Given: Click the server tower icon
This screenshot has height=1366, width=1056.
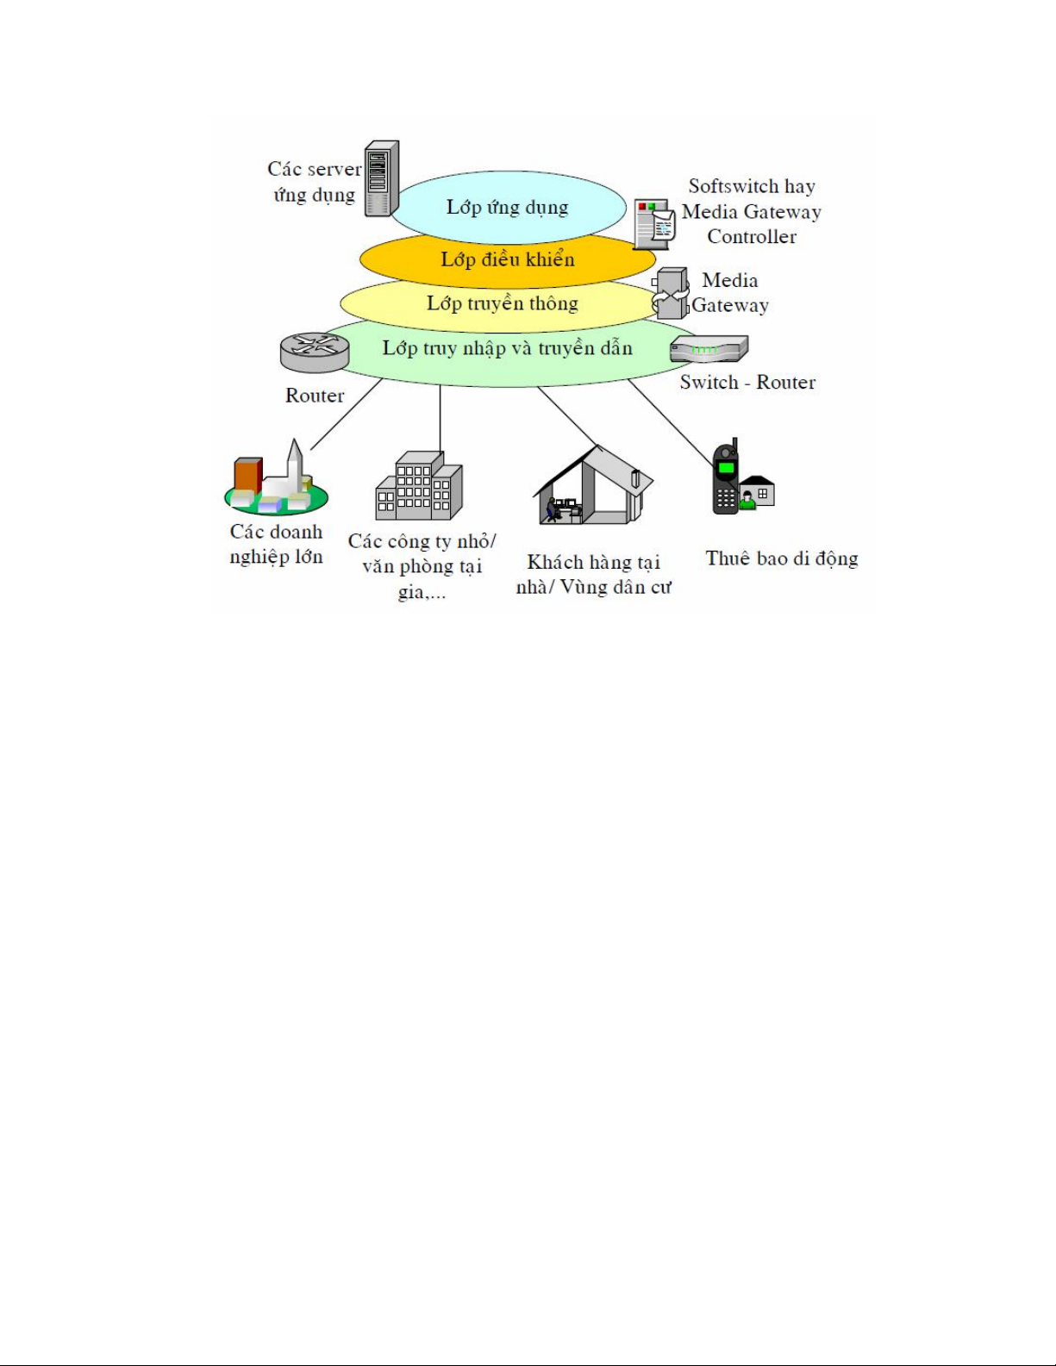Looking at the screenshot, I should pos(381,178).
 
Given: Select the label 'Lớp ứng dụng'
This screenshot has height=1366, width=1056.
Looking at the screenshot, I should pos(507,208).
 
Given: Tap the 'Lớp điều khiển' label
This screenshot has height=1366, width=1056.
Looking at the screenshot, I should pos(507,259).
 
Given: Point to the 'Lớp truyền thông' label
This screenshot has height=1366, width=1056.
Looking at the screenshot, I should pos(502,303).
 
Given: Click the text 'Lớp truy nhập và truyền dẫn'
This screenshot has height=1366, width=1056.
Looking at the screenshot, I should pos(507,348).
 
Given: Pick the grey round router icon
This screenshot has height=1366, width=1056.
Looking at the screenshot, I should pos(315,352).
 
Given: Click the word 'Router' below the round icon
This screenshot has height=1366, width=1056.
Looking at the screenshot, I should pos(315,396).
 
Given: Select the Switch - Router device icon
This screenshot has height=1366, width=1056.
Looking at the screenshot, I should pos(709,349).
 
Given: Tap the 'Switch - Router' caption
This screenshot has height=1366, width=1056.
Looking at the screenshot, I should pos(747,383).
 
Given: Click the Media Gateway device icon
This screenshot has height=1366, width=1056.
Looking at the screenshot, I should pos(671,293).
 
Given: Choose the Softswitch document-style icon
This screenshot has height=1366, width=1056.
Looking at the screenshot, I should pos(654,224).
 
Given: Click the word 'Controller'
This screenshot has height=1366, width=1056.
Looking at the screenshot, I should pos(752,237).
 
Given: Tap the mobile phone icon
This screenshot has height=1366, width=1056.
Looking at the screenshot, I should pos(726,478).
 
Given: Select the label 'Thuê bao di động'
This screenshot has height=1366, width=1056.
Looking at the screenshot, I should pos(782,558).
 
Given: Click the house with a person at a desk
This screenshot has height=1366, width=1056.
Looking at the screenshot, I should pos(593,487).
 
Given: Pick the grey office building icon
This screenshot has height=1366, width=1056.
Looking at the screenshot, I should pos(419,487).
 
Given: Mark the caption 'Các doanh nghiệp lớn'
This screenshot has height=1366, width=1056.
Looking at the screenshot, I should pos(276,545).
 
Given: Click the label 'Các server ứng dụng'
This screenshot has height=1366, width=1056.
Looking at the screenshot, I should pos(314,182).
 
